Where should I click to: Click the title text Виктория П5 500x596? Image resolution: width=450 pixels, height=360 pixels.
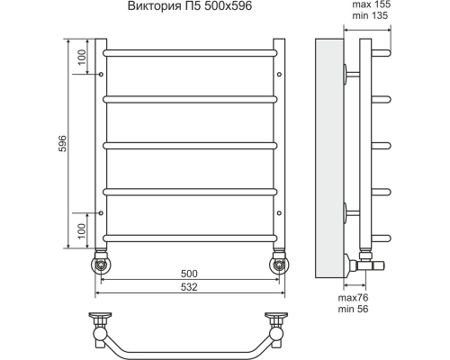tap(190, 6)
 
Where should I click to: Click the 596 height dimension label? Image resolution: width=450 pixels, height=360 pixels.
tap(62, 143)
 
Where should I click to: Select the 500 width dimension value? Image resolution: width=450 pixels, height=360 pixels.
tap(189, 274)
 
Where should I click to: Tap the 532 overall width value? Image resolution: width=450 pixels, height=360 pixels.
tap(189, 287)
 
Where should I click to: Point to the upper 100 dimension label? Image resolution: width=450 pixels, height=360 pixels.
tap(82, 58)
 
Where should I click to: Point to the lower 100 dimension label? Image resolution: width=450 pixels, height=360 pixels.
tap(82, 230)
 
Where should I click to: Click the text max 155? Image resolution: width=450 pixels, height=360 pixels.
tap(372, 4)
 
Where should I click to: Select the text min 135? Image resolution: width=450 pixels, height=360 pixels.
tap(370, 15)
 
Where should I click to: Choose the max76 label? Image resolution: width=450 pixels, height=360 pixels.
tap(353, 298)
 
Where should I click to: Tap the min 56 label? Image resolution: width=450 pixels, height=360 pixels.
tap(353, 309)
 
